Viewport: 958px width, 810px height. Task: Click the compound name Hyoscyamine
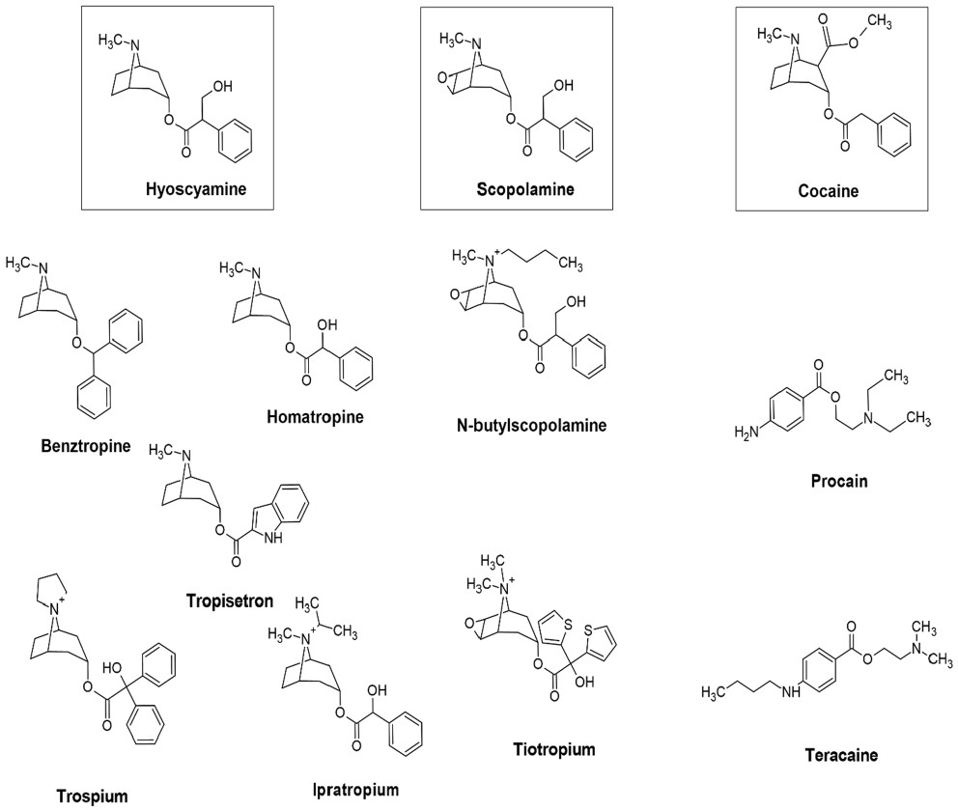click(196, 188)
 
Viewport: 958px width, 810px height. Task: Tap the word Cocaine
click(829, 191)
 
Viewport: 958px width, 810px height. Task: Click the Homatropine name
click(314, 416)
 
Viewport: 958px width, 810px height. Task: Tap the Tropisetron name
click(230, 601)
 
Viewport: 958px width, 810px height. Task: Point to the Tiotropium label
click(554, 749)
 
